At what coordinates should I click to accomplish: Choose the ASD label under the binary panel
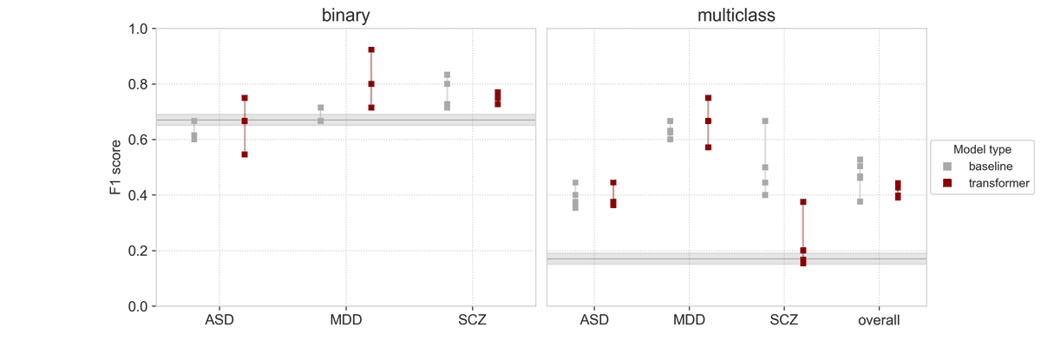(x=219, y=320)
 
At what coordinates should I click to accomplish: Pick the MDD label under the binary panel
(x=345, y=320)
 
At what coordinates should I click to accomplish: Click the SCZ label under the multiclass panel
(x=784, y=320)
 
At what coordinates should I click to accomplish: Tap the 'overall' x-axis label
(x=879, y=320)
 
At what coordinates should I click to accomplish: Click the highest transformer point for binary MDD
(x=371, y=50)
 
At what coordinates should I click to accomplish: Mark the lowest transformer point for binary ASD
(x=245, y=154)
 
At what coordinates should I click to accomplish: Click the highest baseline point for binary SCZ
(x=447, y=75)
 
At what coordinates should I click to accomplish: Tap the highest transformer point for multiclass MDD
(x=708, y=98)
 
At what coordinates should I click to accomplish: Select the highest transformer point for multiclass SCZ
(x=803, y=202)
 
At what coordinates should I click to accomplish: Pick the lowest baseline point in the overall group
(x=860, y=201)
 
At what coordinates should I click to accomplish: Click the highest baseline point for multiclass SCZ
(x=765, y=121)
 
